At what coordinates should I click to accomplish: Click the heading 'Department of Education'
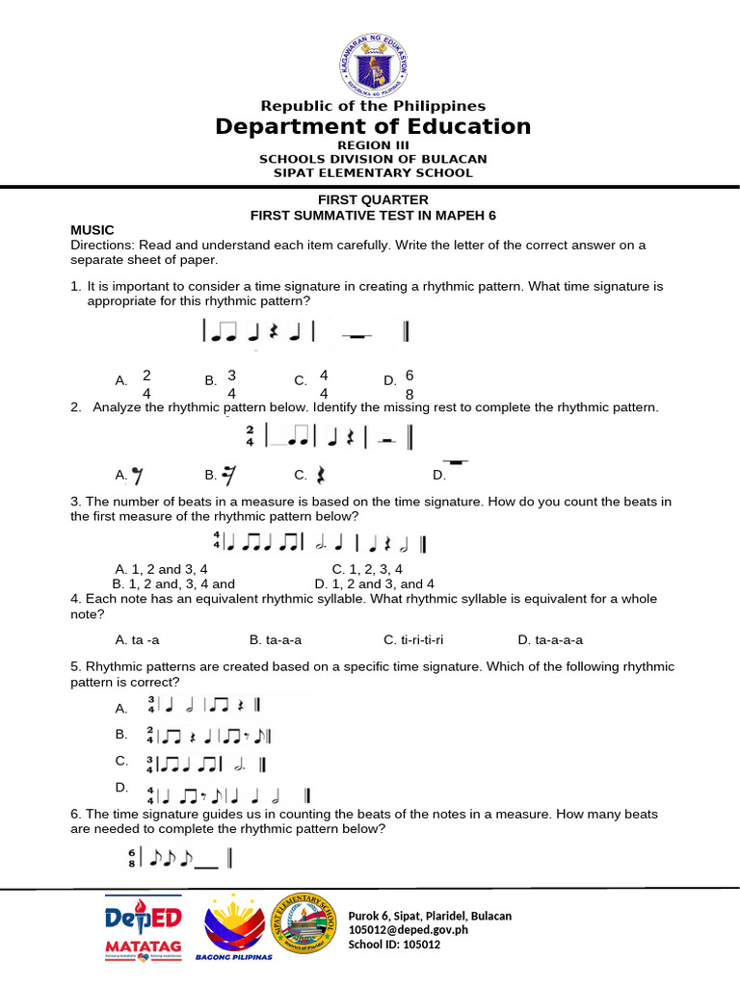(372, 127)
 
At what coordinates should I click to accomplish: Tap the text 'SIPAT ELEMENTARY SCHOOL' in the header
(372, 173)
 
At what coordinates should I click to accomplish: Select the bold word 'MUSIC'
(92, 230)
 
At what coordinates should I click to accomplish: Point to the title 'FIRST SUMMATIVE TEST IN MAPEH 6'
(372, 216)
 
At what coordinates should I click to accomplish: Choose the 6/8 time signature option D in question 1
(409, 383)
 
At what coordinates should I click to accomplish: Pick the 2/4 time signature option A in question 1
(146, 383)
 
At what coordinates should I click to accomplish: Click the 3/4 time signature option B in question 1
(232, 383)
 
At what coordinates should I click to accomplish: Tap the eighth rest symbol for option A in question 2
(138, 475)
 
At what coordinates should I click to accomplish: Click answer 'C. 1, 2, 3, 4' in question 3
(367, 569)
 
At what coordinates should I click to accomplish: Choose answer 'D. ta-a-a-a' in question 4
(550, 639)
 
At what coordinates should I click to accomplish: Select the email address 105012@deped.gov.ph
(408, 930)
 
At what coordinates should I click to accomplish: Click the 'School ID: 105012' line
(394, 945)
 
